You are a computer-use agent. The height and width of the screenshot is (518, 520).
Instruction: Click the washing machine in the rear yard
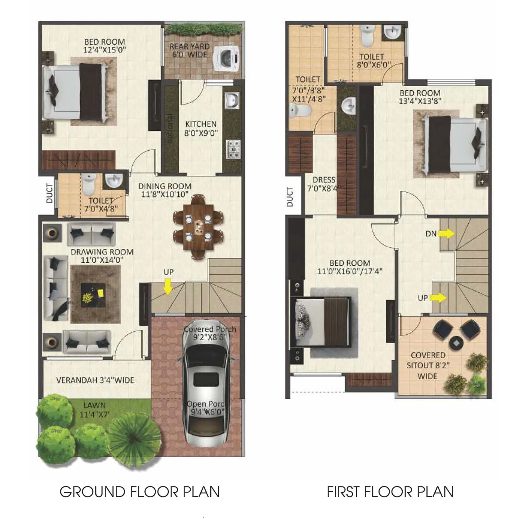click(x=226, y=59)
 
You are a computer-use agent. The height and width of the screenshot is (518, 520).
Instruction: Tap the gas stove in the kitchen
click(x=233, y=149)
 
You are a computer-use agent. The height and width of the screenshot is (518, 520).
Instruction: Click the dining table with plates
click(x=198, y=227)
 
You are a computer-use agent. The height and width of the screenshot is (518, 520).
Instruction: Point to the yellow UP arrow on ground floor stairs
click(x=168, y=287)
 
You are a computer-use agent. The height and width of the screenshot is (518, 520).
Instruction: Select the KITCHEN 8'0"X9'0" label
click(x=201, y=128)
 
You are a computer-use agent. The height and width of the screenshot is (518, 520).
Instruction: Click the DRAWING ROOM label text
click(x=102, y=252)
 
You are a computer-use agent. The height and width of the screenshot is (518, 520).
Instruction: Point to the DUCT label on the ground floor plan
click(x=49, y=193)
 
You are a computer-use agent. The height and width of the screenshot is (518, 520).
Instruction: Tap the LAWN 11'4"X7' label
click(x=94, y=410)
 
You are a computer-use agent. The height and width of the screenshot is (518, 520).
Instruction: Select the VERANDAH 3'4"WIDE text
click(x=95, y=380)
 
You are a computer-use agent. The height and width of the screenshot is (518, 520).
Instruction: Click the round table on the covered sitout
click(x=457, y=343)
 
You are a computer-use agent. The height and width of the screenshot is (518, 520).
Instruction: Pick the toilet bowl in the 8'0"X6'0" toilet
click(x=367, y=36)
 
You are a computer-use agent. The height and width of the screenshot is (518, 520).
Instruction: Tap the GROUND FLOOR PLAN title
click(x=140, y=492)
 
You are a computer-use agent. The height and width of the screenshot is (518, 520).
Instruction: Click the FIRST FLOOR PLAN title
click(x=390, y=492)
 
